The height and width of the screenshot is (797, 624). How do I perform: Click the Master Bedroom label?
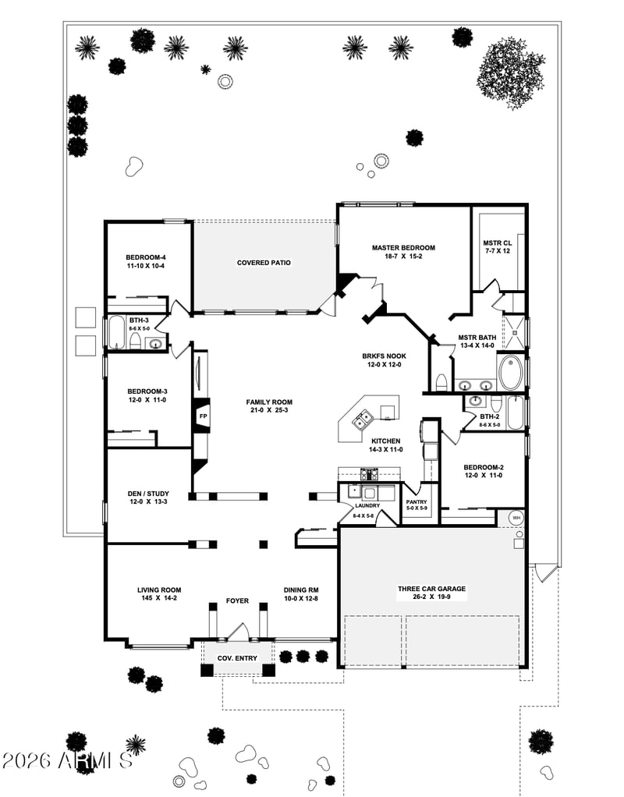(x=403, y=248)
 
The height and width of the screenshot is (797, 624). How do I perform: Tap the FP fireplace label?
(x=203, y=416)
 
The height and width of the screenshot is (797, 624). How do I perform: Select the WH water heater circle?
(x=516, y=517)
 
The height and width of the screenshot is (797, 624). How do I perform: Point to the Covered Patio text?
(x=264, y=263)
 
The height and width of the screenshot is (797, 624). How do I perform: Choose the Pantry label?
(x=417, y=502)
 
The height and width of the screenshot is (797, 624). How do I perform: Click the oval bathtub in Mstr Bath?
(x=511, y=372)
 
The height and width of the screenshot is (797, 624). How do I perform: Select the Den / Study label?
(x=148, y=494)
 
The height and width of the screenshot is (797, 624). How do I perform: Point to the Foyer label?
(x=237, y=600)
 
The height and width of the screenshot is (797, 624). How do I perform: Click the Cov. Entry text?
(x=237, y=658)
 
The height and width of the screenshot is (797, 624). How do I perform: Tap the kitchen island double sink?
(x=362, y=420)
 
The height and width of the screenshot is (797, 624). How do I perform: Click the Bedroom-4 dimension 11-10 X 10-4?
(x=145, y=266)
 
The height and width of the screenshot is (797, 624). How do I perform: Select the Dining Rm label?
(x=300, y=590)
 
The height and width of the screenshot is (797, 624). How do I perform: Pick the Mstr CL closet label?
(x=497, y=243)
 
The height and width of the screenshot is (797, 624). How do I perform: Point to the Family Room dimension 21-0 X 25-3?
(x=269, y=411)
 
